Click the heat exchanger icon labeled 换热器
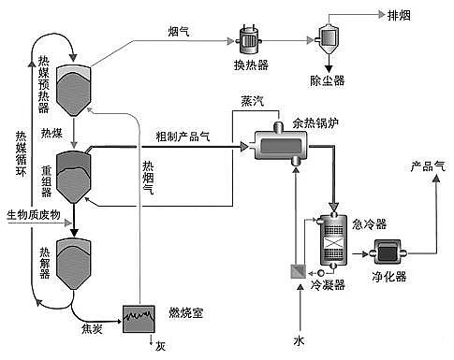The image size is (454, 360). point(250,39)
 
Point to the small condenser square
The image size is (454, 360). point(295,273)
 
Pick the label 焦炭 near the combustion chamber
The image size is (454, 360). point(81,328)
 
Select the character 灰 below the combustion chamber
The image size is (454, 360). point(160,346)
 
